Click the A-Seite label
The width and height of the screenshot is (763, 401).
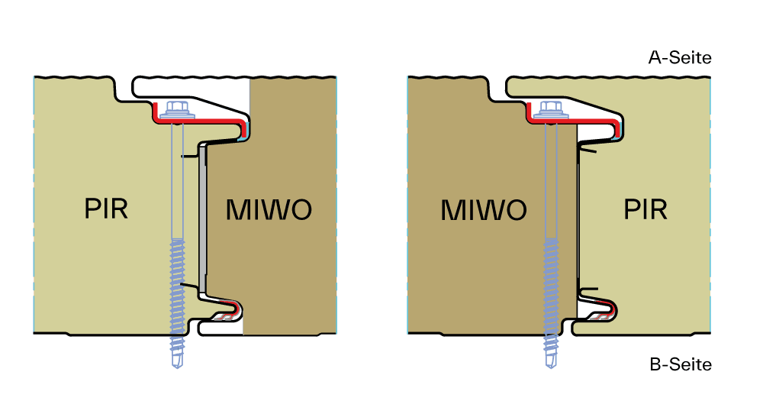(x=680, y=58)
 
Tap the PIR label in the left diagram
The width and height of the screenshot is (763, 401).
(x=106, y=208)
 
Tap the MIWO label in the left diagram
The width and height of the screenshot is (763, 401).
(x=269, y=209)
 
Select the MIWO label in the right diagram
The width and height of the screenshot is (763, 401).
(x=484, y=209)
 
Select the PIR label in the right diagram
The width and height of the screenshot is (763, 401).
(x=645, y=208)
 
